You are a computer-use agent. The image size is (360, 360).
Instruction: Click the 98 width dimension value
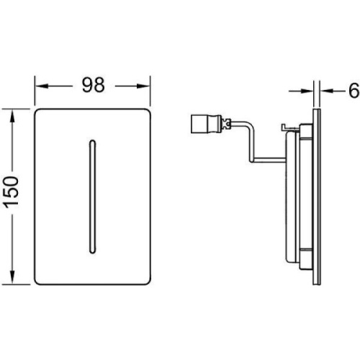click(94, 85)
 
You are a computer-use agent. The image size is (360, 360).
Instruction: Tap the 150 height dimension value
click(12, 192)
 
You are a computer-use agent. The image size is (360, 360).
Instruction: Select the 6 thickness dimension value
click(354, 91)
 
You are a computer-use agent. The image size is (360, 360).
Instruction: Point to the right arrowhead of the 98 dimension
click(143, 86)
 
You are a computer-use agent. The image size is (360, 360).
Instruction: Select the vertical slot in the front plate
click(92, 197)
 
